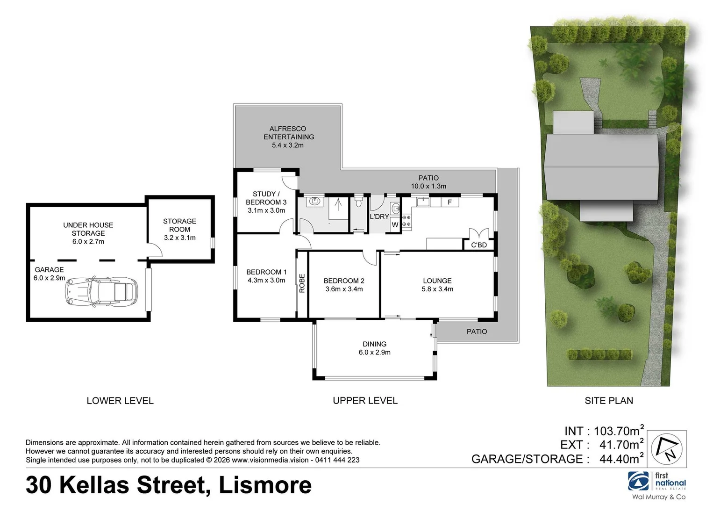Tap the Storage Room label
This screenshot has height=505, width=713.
[179, 225]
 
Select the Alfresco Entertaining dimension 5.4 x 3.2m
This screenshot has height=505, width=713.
[288, 145]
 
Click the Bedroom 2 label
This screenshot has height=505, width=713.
[344, 281]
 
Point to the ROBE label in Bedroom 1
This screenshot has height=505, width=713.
[302, 283]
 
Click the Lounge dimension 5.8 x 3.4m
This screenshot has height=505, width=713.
[437, 289]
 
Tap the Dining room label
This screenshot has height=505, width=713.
[374, 344]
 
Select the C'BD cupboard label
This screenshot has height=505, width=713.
[479, 245]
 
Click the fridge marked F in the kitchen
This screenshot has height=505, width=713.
[449, 202]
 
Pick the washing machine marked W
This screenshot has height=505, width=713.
[395, 225]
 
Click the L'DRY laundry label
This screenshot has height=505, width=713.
[379, 216]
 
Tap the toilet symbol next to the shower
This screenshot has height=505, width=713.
[358, 202]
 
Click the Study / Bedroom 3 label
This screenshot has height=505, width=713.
[266, 198]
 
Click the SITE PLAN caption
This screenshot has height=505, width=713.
[609, 401]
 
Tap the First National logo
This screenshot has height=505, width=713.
[657, 482]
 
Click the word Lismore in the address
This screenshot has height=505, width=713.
[265, 485]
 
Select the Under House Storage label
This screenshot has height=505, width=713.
[88, 229]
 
